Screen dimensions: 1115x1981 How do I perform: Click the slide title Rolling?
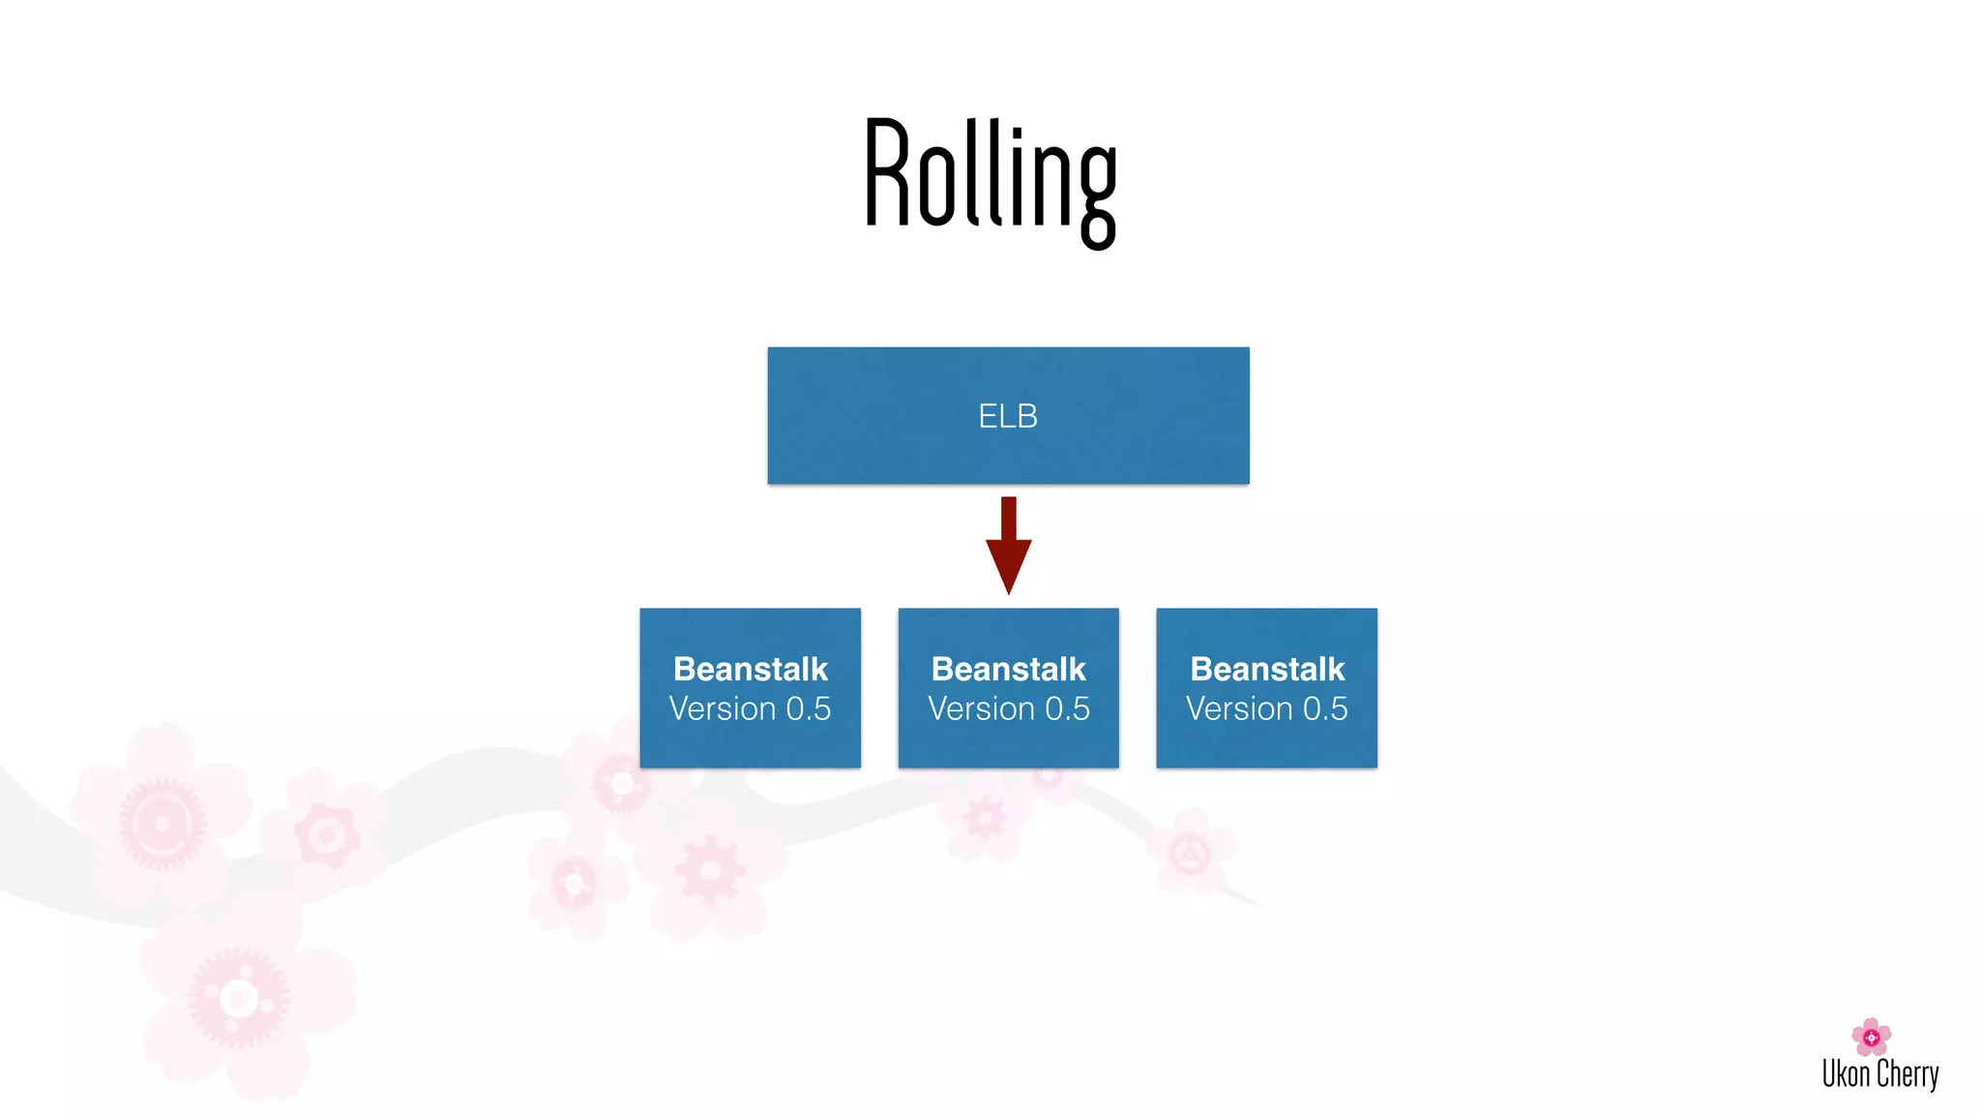pyautogui.click(x=990, y=179)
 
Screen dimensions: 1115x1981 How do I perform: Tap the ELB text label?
pyautogui.click(x=1008, y=416)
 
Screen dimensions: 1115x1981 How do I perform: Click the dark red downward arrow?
pyautogui.click(x=1008, y=542)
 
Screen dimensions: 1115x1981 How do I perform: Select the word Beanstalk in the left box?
pyautogui.click(x=750, y=669)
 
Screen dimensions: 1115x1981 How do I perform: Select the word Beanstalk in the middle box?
pyautogui.click(x=1008, y=669)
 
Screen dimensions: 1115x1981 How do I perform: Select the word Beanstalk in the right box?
pyautogui.click(x=1266, y=669)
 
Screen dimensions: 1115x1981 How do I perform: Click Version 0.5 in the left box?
pyautogui.click(x=750, y=708)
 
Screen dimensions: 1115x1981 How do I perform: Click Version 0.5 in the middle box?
pyautogui.click(x=1008, y=708)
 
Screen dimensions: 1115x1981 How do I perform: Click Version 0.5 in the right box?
pyautogui.click(x=1266, y=708)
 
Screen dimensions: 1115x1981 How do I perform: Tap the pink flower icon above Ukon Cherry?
pyautogui.click(x=1871, y=1037)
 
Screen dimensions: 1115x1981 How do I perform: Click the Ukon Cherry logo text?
pyautogui.click(x=1880, y=1074)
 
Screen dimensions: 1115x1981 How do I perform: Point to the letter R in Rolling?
pyautogui.click(x=888, y=174)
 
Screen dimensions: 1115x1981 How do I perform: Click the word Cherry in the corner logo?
pyautogui.click(x=1907, y=1074)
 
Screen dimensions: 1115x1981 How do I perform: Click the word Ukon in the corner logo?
pyautogui.click(x=1846, y=1074)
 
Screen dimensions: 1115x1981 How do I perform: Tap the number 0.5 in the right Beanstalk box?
pyautogui.click(x=1325, y=708)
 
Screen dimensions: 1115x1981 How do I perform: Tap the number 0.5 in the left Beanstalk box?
pyautogui.click(x=808, y=708)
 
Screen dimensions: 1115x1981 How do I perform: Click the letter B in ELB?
pyautogui.click(x=1027, y=416)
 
